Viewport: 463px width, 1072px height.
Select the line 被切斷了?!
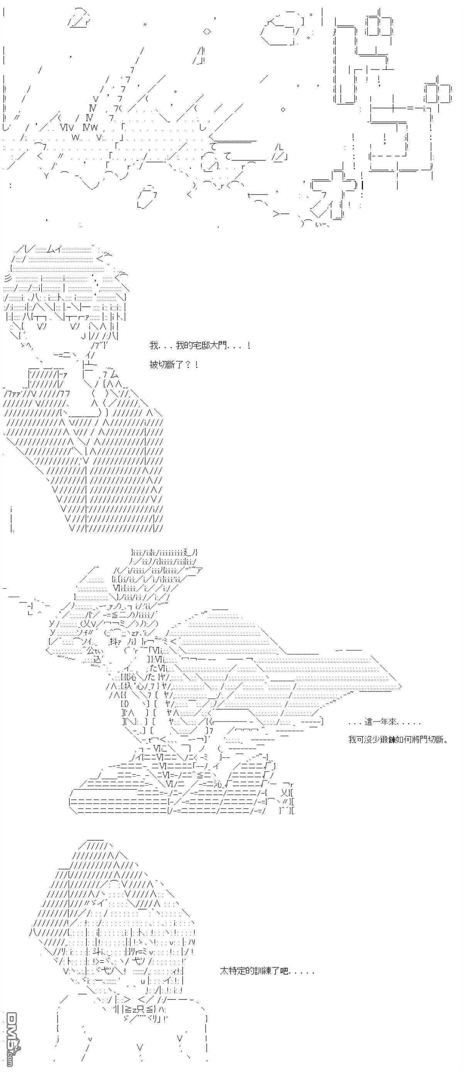(x=174, y=365)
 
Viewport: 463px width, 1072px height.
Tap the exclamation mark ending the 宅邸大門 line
(x=248, y=345)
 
